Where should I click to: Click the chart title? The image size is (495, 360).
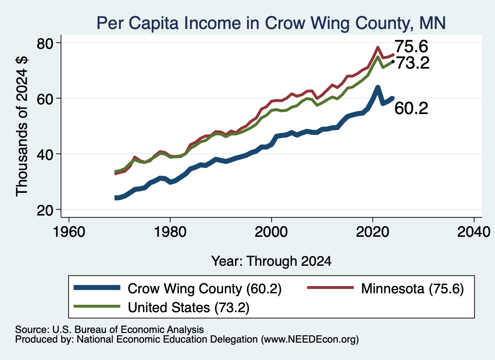(x=271, y=23)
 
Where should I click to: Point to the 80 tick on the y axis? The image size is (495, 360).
(x=45, y=43)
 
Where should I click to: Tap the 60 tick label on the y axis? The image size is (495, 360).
(x=45, y=99)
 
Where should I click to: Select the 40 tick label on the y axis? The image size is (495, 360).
(x=45, y=154)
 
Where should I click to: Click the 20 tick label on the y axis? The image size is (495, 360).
(x=45, y=210)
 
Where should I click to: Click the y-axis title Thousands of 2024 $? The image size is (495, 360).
(x=22, y=126)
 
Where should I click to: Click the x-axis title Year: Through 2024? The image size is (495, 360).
(x=271, y=261)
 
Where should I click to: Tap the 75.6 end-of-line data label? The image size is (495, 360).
(x=411, y=46)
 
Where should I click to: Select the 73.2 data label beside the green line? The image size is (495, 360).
(x=413, y=63)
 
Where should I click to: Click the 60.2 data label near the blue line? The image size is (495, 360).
(x=411, y=108)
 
